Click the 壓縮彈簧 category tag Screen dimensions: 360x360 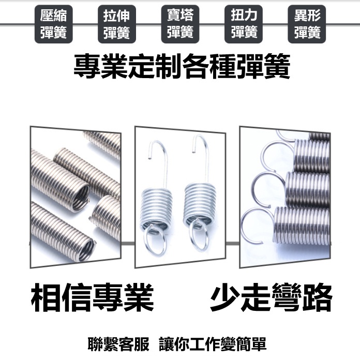coord(53,24)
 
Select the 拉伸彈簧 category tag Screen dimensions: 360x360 coord(116,24)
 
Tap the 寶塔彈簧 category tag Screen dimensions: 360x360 coord(180,24)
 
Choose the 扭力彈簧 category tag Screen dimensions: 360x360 coord(244,24)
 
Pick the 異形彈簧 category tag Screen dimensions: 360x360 coord(307,24)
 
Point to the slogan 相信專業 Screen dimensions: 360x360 coord(93,298)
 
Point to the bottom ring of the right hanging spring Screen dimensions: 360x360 coord(199,236)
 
